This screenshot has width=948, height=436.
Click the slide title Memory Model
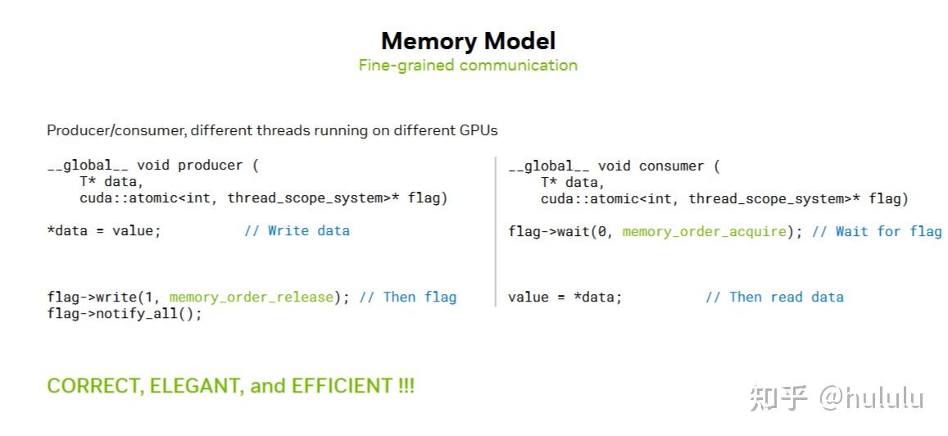click(x=468, y=41)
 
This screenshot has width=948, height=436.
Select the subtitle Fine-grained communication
click(x=468, y=65)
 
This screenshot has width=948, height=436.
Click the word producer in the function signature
click(x=210, y=165)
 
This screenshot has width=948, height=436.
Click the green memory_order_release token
click(x=252, y=297)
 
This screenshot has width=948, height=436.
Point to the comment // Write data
click(x=297, y=230)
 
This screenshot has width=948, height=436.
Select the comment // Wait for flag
click(x=876, y=231)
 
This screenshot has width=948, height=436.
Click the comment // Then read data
click(x=774, y=297)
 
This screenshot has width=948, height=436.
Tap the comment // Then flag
click(x=407, y=297)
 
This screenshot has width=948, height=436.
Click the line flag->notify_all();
click(x=124, y=313)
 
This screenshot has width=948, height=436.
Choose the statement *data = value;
click(x=103, y=230)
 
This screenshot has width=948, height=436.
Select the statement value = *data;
click(x=565, y=297)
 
